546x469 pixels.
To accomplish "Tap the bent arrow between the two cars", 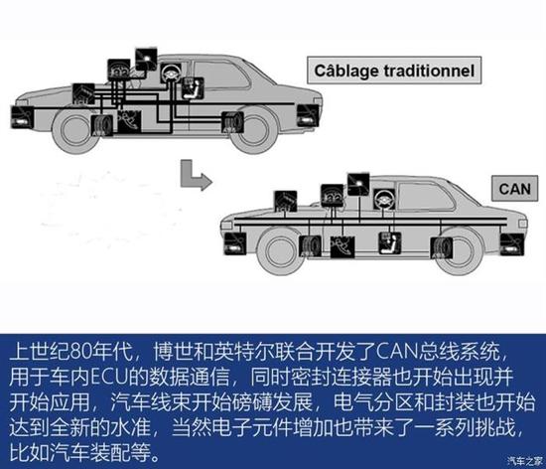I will point(191,177).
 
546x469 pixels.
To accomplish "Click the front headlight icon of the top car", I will point(19,117).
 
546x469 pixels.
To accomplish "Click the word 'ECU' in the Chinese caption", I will point(106,380).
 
